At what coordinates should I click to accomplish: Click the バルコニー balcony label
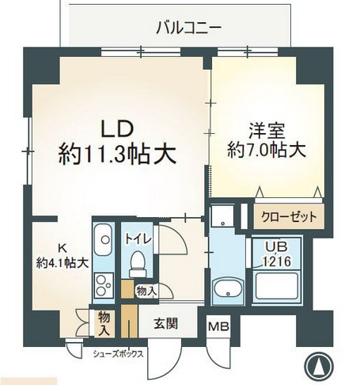pos(188,27)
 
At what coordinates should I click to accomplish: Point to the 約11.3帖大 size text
pos(116,154)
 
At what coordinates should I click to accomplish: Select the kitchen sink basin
pos(103,238)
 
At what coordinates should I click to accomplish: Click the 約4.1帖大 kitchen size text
pos(61,261)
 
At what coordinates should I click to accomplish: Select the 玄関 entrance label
pos(165,322)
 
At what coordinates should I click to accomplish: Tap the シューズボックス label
pos(118,354)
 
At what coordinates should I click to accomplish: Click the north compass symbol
pos(318,364)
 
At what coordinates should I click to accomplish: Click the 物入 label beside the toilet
pos(146,292)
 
